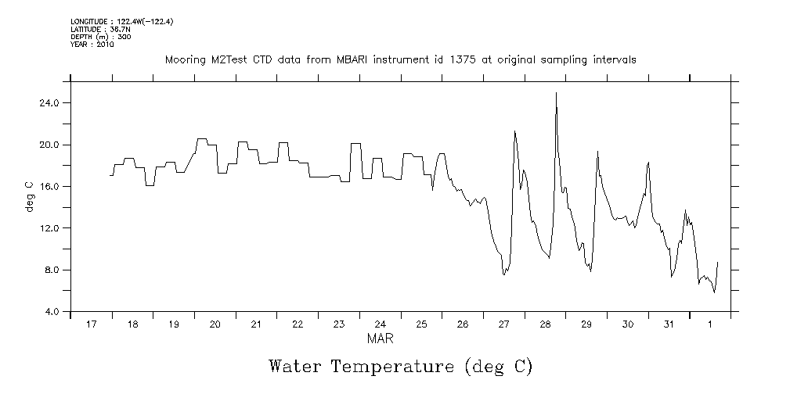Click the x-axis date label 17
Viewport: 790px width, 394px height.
coord(92,324)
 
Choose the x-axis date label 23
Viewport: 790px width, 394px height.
coord(339,324)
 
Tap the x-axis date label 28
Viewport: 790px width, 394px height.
coord(545,324)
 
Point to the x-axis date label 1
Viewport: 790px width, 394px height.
coord(710,324)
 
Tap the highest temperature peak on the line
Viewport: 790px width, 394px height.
coord(556,93)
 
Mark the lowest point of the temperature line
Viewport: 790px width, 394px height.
coord(714,292)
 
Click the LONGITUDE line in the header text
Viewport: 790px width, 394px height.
coord(121,22)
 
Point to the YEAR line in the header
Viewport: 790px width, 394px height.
coord(92,45)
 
